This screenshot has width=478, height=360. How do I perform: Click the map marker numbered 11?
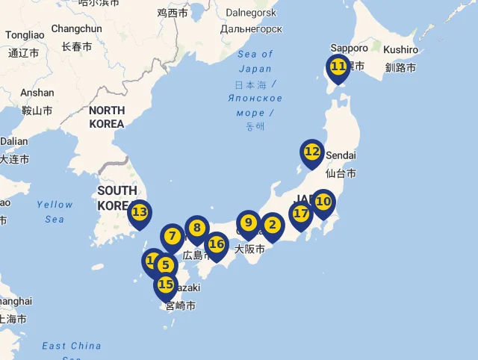(338, 66)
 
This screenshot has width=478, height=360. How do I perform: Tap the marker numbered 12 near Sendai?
(312, 152)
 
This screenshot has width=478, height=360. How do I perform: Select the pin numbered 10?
(323, 201)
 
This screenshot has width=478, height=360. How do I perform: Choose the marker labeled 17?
(300, 214)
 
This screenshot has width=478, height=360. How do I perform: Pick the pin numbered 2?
(272, 225)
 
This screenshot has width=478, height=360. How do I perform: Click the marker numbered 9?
(248, 223)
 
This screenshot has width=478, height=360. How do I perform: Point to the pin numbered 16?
(217, 244)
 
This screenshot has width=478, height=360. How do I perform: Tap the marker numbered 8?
(197, 228)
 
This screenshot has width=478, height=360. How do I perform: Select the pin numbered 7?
(173, 237)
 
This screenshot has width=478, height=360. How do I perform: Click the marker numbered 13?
(140, 212)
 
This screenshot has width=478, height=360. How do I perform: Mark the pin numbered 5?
(165, 265)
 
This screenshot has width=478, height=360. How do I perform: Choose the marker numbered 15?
(166, 285)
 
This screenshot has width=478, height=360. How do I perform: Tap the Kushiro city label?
(402, 49)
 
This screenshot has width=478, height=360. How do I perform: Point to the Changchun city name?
(76, 29)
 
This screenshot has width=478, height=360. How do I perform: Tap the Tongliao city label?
(25, 35)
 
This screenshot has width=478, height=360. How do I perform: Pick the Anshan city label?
(37, 93)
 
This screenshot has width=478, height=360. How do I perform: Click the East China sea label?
(72, 346)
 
